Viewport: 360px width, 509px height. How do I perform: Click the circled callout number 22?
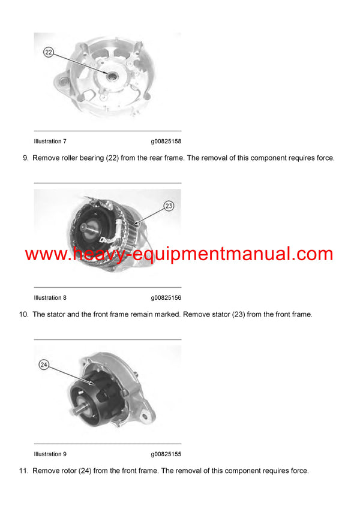pyautogui.click(x=49, y=53)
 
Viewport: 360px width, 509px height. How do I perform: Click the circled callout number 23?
pyautogui.click(x=169, y=206)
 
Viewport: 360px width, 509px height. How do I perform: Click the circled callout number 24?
pyautogui.click(x=44, y=364)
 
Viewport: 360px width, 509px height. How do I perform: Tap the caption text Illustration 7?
pyautogui.click(x=50, y=141)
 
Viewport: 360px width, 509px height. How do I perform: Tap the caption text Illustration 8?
pyautogui.click(x=50, y=298)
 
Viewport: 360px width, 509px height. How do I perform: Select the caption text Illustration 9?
pyautogui.click(x=50, y=454)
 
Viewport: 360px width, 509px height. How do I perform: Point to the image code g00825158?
pyautogui.click(x=166, y=141)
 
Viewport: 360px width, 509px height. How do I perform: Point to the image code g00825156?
pyautogui.click(x=166, y=298)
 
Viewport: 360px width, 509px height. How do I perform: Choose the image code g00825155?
pyautogui.click(x=166, y=454)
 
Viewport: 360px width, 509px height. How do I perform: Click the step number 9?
pyautogui.click(x=25, y=158)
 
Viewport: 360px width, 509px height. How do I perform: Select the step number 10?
pyautogui.click(x=23, y=315)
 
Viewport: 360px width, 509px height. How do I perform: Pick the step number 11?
pyautogui.click(x=23, y=471)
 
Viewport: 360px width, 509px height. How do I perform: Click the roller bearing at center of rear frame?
pyautogui.click(x=112, y=75)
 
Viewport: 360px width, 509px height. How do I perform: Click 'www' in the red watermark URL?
pyautogui.click(x=45, y=254)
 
